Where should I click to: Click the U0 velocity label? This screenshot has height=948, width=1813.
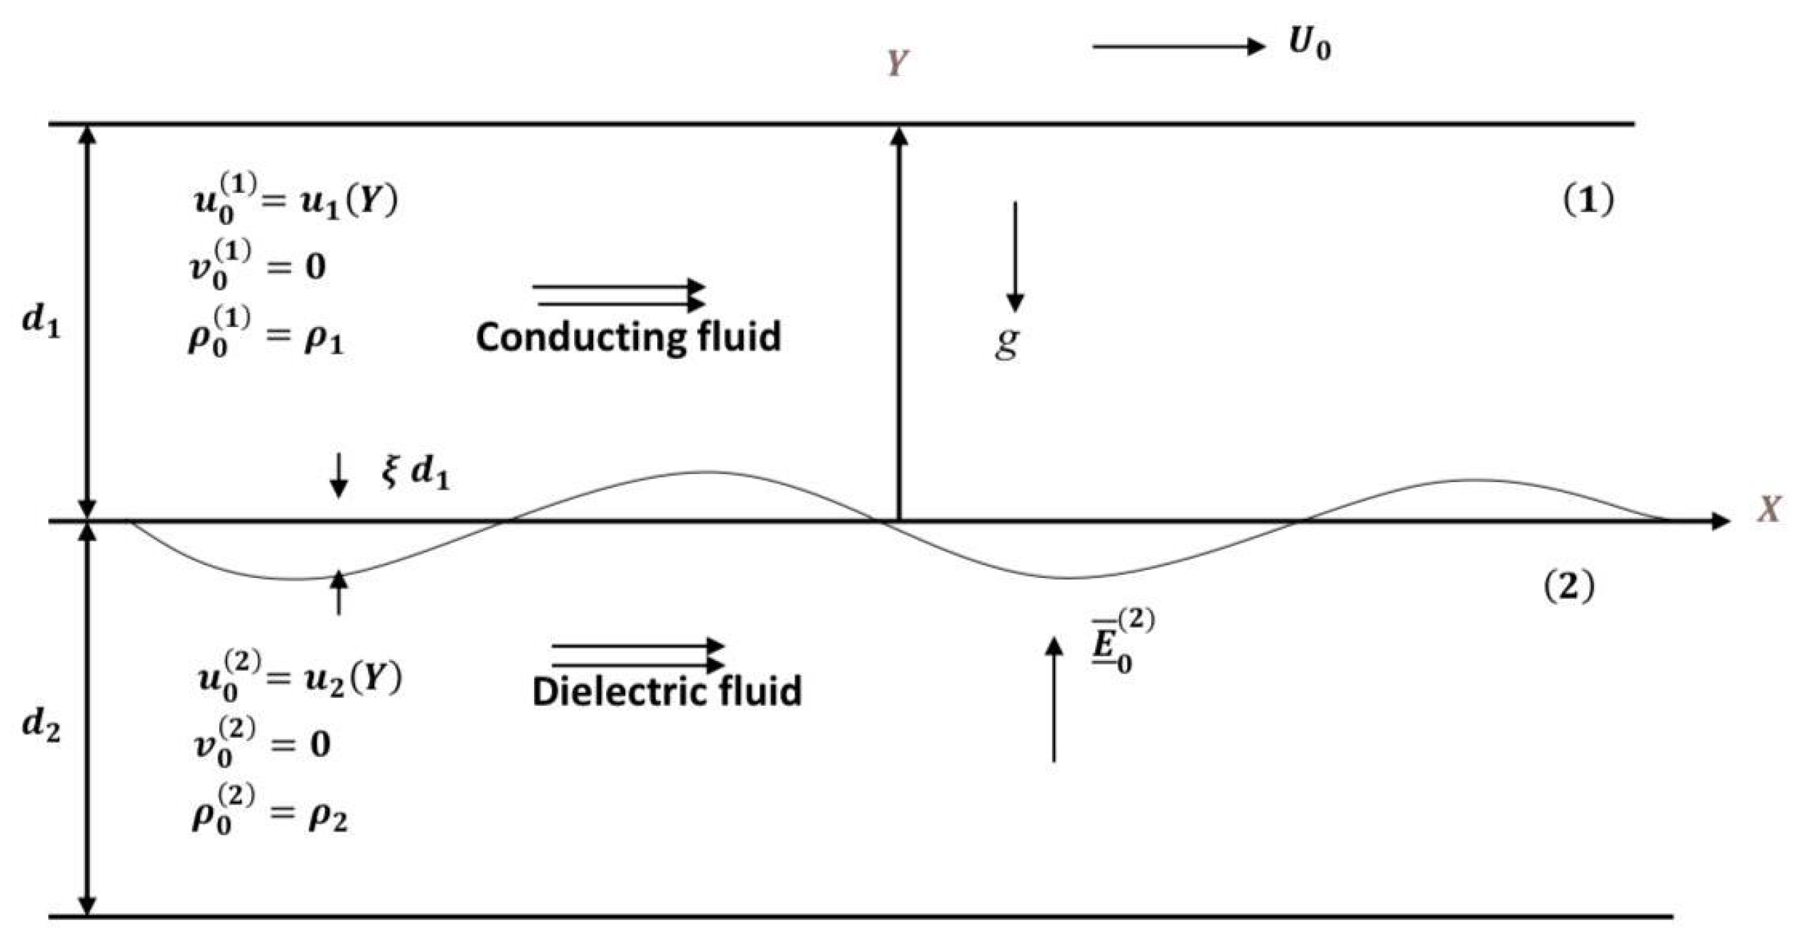point(1310,45)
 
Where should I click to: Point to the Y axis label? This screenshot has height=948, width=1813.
point(897,63)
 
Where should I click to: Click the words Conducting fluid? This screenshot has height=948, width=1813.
point(629,337)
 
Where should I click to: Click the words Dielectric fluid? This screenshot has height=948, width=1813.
point(667,692)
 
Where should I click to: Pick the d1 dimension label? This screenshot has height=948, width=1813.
point(41,322)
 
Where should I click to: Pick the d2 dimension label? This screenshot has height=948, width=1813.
point(41,725)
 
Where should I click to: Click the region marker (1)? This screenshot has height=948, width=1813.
point(1589,202)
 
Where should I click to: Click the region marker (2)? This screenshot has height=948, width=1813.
point(1569,586)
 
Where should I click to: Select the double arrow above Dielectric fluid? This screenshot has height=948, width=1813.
point(637,655)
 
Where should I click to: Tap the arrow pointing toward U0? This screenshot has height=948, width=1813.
point(1179,47)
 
